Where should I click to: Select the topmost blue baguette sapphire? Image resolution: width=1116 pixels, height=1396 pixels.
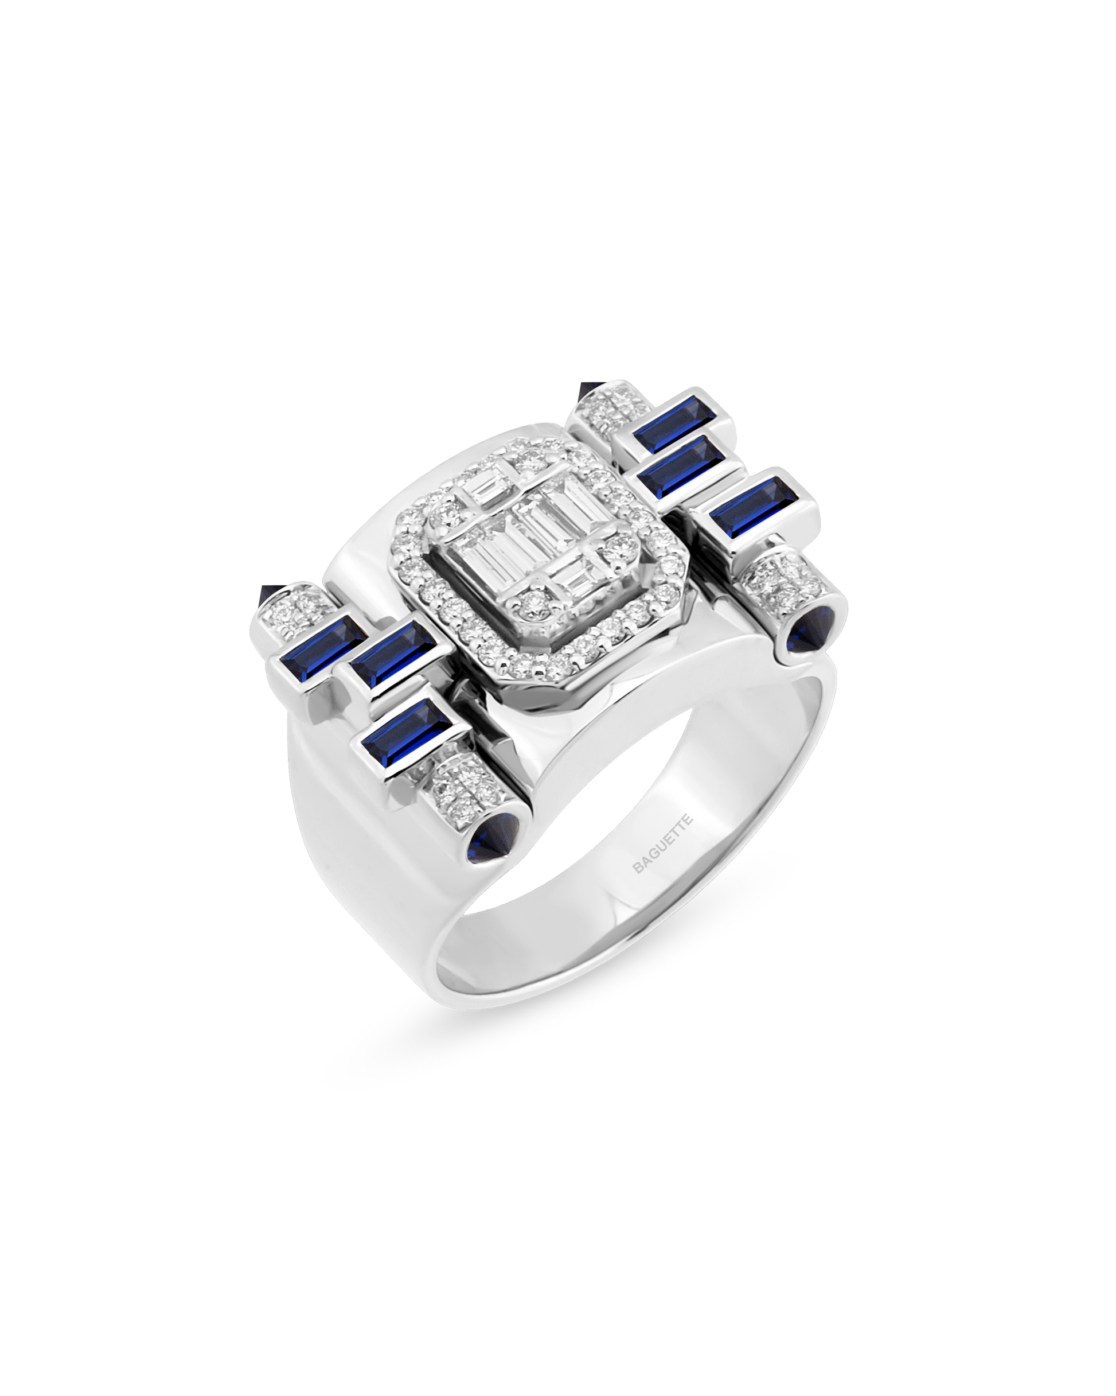[672, 424]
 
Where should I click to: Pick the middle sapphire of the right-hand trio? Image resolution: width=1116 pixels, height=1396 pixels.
[681, 466]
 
